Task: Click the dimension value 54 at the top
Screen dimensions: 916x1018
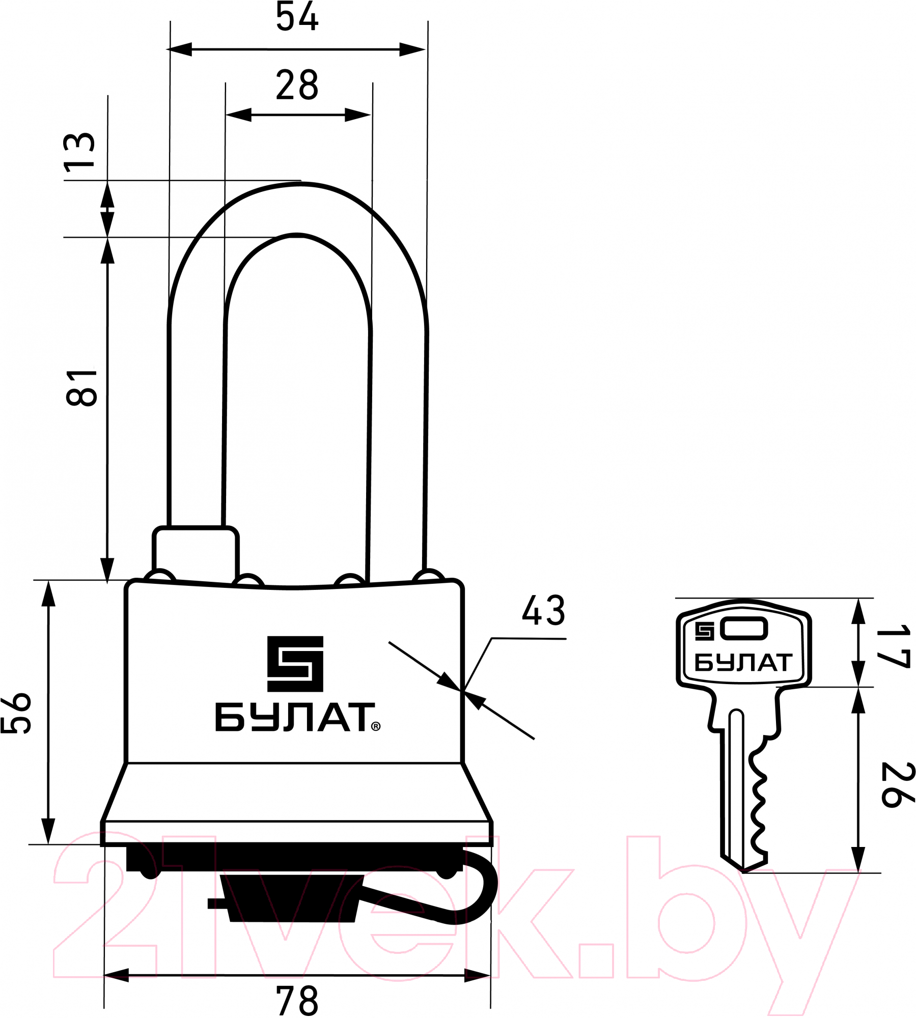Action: pos(297,16)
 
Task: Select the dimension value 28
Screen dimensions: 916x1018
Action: pos(297,85)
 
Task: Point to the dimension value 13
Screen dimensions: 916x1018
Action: pos(79,150)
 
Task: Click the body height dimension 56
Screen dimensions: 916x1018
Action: pos(16,713)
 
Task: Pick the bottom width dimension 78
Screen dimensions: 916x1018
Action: pos(297,1000)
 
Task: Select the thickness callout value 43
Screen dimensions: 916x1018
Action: pos(543,610)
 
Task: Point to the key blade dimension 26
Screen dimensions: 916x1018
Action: pos(898,785)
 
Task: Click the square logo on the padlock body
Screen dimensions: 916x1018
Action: pos(295,663)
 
